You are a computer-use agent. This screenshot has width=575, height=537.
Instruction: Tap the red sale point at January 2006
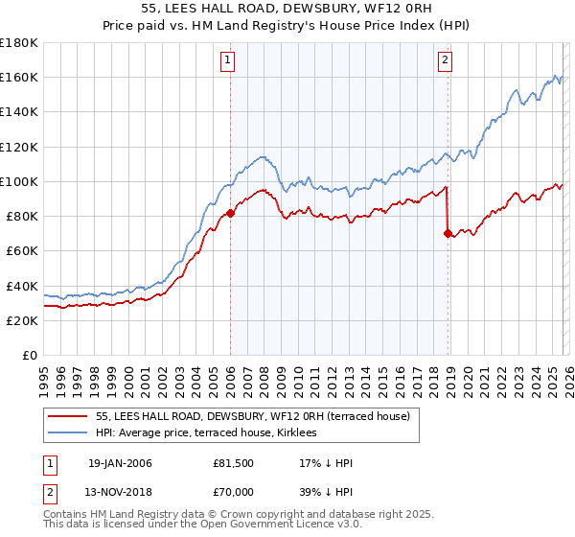(231, 214)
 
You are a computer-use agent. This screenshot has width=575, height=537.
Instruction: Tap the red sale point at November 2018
(448, 233)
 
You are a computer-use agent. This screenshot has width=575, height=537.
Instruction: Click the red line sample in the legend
(69, 416)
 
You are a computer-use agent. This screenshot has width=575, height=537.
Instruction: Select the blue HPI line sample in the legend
(69, 433)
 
